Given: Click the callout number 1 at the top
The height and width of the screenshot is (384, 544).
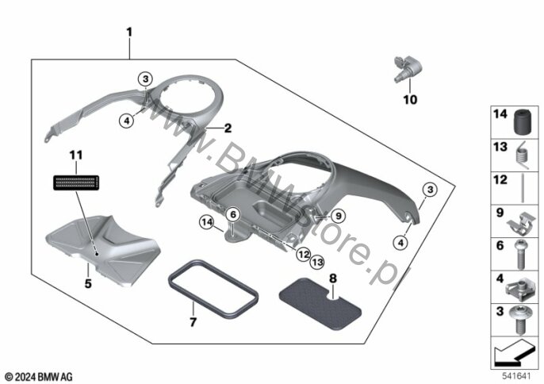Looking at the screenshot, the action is tap(129, 33).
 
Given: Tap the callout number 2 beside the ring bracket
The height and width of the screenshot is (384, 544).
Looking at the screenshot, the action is tap(228, 129).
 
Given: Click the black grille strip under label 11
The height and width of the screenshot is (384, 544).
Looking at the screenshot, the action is tap(76, 182).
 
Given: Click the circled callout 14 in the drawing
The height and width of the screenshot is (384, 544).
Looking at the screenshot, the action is tap(207, 223).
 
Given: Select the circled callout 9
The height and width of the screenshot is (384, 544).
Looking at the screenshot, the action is tap(338, 217).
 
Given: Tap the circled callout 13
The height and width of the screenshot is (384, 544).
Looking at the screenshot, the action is tap(317, 262).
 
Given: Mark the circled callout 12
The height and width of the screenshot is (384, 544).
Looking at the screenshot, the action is tap(304, 255).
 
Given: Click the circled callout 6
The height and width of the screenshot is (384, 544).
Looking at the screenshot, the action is tap(233, 215).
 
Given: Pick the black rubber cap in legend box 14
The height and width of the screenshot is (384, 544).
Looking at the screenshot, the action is tap(523, 122).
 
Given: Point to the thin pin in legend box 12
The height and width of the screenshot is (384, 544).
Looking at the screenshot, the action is tap(523, 189).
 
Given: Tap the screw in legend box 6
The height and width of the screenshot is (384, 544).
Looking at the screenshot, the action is tap(520, 255).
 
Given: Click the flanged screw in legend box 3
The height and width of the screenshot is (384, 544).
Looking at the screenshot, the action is tap(520, 320).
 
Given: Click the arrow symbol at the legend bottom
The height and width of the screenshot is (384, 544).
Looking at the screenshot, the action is tap(514, 353).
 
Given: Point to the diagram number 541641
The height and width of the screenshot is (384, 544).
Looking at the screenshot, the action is tap(517, 376).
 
